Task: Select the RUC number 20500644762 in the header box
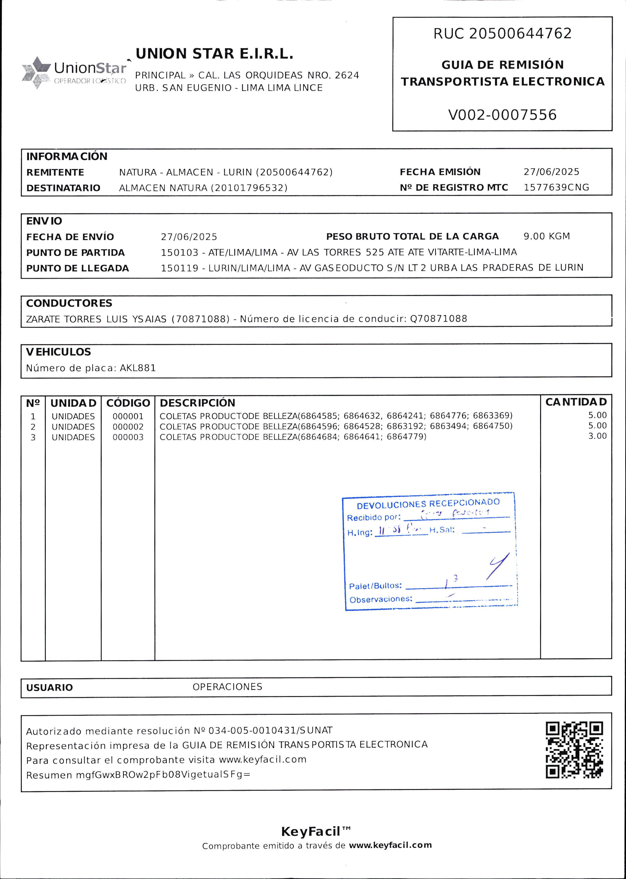point(520,34)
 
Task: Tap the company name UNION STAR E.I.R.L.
point(214,54)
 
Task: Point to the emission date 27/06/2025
point(551,172)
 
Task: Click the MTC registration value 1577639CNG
point(556,187)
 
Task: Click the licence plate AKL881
point(138,368)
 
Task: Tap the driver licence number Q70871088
point(438,319)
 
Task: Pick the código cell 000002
point(128,427)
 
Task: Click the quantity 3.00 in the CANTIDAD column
point(597,436)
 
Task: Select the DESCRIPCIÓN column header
point(197,403)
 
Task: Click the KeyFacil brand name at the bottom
point(311,831)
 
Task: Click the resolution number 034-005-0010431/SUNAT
point(270,730)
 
